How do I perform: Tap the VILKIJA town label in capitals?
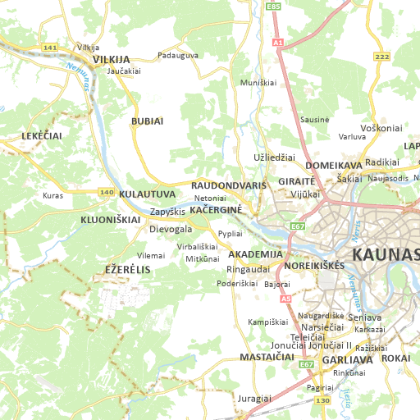112,60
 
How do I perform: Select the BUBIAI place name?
147,121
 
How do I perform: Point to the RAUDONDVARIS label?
229,185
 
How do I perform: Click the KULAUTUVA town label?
147,194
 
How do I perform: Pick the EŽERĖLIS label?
128,270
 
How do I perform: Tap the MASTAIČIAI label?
267,358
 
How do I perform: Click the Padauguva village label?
178,56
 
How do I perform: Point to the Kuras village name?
52,196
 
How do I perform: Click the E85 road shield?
274,7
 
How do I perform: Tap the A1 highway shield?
278,41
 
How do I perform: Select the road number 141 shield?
50,48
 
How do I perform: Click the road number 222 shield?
381,56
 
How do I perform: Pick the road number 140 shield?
107,193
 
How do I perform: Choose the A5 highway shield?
286,299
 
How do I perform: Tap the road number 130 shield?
322,400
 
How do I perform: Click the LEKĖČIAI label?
42,135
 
